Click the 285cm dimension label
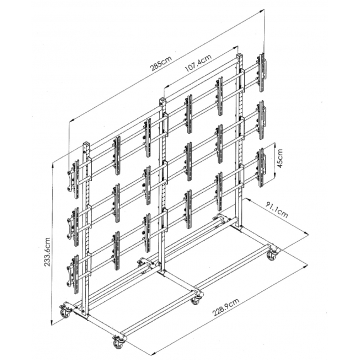(x=161, y=63)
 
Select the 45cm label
(x=280, y=160)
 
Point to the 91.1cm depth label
(x=277, y=210)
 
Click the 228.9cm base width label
(x=226, y=307)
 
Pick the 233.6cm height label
(x=47, y=252)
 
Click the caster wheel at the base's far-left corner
(x=65, y=311)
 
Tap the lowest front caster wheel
(x=118, y=341)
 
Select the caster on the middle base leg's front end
(x=196, y=297)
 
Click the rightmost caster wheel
(x=272, y=254)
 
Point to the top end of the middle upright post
(x=162, y=100)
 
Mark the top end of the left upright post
(x=86, y=144)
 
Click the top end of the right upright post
(x=239, y=56)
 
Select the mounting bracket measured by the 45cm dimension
(x=261, y=167)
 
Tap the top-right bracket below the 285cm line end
(x=261, y=73)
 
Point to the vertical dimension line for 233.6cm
(x=53, y=243)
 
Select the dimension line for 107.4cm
(x=201, y=68)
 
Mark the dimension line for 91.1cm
(x=276, y=217)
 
